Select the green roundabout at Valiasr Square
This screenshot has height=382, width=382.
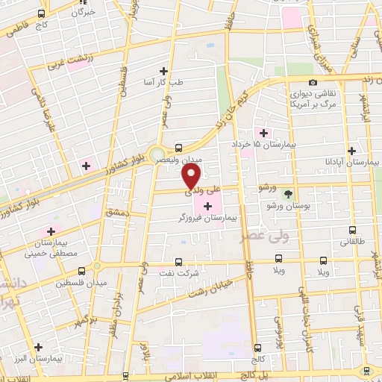click(157, 156)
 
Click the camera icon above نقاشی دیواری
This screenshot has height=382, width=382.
click(313, 82)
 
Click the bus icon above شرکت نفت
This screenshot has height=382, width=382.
click(178, 261)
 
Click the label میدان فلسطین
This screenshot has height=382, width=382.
click(81, 284)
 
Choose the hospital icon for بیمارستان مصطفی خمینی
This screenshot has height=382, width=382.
click(51, 230)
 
